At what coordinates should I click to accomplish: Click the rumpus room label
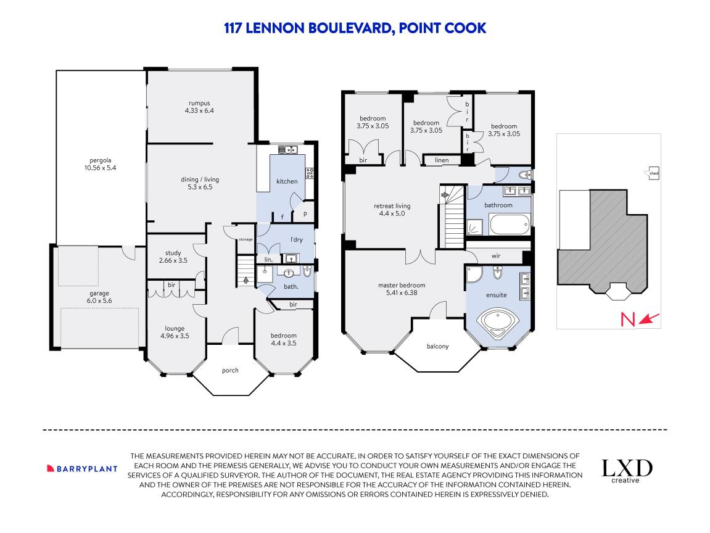[199, 103]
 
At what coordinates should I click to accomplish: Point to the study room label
[173, 253]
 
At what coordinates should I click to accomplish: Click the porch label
[230, 370]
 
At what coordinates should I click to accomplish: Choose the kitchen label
[287, 181]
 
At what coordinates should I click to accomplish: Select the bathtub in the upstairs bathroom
[510, 223]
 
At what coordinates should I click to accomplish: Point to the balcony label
[437, 346]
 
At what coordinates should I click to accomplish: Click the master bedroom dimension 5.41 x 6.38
[402, 293]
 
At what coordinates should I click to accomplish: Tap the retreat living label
[392, 206]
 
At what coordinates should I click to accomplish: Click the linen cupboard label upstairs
[442, 161]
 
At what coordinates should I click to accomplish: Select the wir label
[496, 255]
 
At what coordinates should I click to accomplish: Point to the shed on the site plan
[654, 173]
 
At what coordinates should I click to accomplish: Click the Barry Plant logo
[82, 468]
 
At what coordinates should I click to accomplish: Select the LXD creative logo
[627, 471]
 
